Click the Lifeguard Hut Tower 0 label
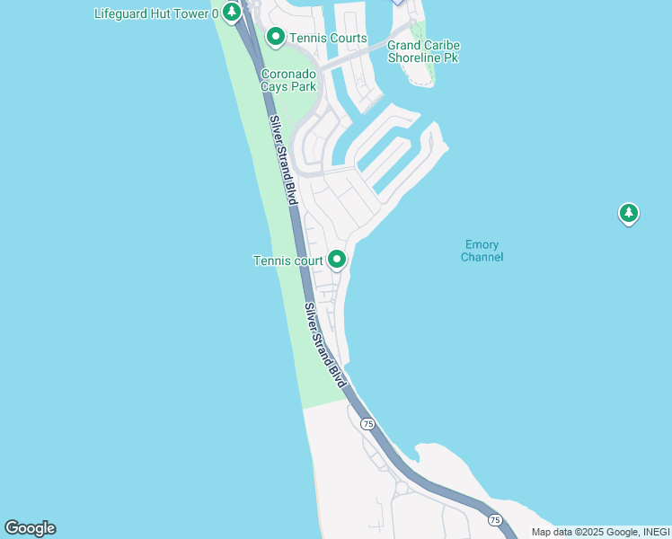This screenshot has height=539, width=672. tap(157, 13)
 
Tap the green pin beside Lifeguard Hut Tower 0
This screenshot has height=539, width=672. tap(233, 13)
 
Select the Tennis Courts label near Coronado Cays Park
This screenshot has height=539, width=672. tap(328, 38)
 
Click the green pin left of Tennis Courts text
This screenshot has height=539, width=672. tap(275, 37)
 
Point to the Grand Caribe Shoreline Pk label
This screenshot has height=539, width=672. tap(422, 51)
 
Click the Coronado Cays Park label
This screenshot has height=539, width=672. tap(288, 80)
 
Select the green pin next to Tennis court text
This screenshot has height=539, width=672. tap(337, 260)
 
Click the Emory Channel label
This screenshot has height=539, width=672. tap(482, 251)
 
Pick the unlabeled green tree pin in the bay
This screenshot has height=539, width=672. tap(629, 213)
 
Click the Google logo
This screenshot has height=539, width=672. tap(30, 528)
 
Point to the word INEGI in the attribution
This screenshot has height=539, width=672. tap(655, 532)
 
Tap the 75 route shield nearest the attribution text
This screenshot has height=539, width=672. tap(495, 519)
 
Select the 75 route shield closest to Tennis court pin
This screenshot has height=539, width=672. tap(367, 422)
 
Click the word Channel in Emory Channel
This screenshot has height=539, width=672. tap(482, 257)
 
